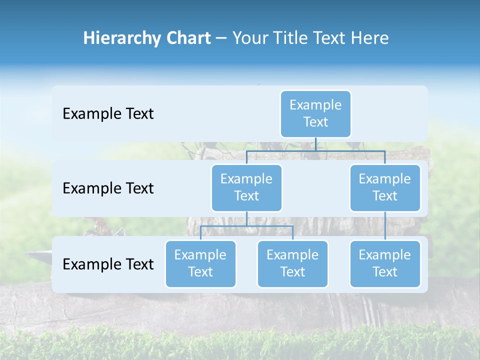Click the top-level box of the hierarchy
pos(315,113)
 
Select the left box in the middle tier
pos(246,187)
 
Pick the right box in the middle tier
pos(385,187)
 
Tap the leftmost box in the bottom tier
pos(200,263)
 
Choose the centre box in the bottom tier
pos(292,263)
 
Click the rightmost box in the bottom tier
pos(385,263)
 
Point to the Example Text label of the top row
pos(108,114)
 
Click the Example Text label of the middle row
pos(108,188)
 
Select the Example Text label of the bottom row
pos(108,264)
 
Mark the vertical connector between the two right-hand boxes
pos(385,226)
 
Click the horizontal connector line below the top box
pos(315,150)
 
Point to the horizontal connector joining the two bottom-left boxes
pos(246,226)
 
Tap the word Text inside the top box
pos(315,122)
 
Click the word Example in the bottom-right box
pos(385,255)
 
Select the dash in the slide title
pos(221,38)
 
